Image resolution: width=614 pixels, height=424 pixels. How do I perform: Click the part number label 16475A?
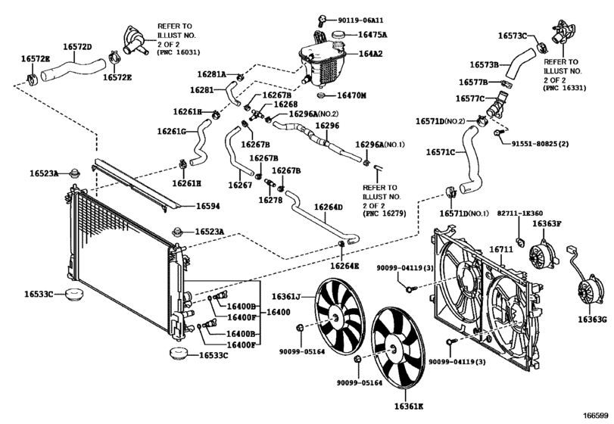tap(372, 35)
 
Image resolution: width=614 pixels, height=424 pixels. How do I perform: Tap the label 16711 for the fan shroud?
tap(501, 249)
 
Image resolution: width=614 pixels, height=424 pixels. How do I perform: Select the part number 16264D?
tap(329, 207)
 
